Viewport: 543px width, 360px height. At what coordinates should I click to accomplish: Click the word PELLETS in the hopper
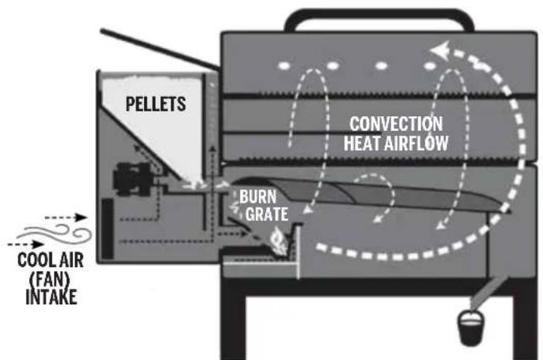[156, 104]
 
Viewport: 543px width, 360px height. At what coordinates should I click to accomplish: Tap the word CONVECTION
[395, 125]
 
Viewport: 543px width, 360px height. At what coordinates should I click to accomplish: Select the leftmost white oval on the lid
[285, 64]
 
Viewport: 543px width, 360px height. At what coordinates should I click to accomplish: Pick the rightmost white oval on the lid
[430, 64]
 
